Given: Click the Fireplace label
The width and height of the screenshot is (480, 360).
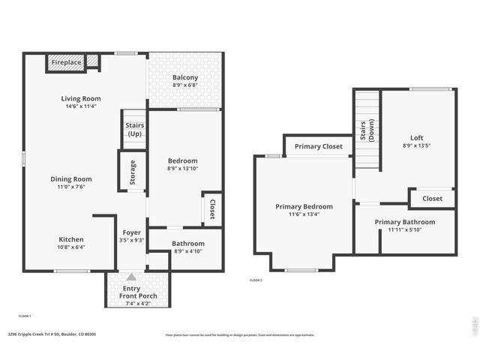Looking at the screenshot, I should [67, 62].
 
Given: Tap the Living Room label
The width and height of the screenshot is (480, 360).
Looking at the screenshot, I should [81, 98].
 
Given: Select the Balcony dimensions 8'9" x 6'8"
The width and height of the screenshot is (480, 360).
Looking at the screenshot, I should [185, 86].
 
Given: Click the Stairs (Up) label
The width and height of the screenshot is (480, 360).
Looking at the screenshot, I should [134, 129].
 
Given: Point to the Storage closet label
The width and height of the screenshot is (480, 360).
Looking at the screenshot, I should [133, 172].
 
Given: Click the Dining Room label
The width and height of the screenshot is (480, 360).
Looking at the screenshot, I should [71, 179].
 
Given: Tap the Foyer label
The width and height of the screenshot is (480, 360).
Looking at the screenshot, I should [131, 232].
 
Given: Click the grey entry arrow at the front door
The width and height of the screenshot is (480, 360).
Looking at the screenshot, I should [132, 277].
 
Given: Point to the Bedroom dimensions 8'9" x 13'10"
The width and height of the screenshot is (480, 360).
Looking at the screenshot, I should [182, 169].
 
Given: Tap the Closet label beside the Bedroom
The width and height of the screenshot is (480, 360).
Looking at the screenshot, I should [212, 209].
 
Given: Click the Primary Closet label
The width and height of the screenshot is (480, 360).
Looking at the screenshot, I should [318, 146].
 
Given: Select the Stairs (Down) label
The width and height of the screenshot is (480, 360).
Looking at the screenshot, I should [367, 130].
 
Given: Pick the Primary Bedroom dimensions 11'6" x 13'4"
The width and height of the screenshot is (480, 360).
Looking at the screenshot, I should [304, 214].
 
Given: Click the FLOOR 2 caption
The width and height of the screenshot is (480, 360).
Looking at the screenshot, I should [256, 280].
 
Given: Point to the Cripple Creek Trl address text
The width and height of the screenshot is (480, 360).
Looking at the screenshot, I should [52, 334].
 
